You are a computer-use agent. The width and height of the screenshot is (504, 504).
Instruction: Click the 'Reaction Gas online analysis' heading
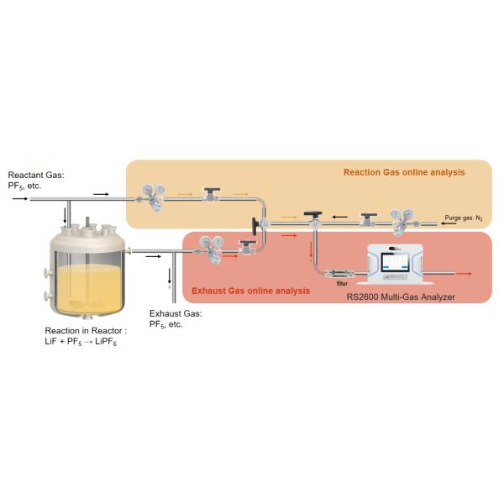pos(404,172)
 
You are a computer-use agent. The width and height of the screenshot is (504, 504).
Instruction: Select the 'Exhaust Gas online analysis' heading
pos(250,291)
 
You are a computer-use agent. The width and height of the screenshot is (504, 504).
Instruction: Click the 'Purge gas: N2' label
pos(464,218)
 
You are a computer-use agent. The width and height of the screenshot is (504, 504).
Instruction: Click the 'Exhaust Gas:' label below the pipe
pos(175,313)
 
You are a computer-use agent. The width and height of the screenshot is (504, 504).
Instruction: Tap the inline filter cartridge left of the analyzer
pos(339,274)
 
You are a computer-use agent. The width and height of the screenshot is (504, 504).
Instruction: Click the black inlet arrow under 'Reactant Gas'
pos(19,198)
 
